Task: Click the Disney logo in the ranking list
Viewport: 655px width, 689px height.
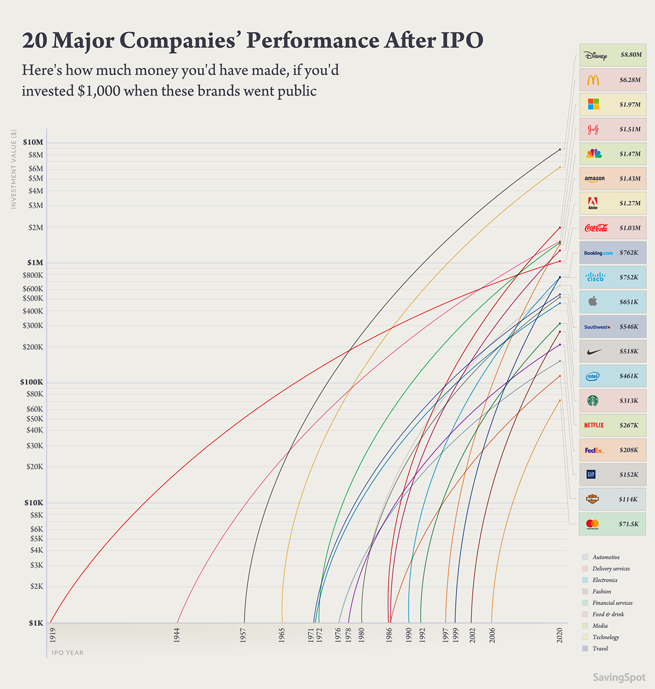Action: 595,56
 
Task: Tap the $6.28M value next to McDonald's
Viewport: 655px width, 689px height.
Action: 630,80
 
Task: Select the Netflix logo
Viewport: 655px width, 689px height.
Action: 594,426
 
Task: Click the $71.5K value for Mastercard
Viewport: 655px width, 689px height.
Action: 629,524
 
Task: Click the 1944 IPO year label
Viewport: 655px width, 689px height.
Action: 177,634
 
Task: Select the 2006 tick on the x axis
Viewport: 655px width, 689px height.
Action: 492,635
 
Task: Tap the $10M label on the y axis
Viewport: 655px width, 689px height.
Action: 33,142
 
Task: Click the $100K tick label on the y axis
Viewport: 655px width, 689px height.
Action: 32,382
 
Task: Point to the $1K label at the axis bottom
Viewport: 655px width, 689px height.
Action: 36,623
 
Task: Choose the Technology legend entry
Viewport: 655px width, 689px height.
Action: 605,637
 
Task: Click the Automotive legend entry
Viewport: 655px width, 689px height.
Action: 606,558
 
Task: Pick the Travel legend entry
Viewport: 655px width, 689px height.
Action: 600,649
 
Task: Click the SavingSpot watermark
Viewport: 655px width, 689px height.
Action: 619,678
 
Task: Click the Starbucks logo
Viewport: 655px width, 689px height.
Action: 593,401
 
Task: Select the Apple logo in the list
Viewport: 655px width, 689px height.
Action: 593,302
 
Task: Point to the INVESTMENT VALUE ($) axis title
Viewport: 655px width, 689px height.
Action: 14,169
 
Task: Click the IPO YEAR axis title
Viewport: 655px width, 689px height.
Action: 68,653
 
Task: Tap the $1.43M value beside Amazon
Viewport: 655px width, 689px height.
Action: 630,179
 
